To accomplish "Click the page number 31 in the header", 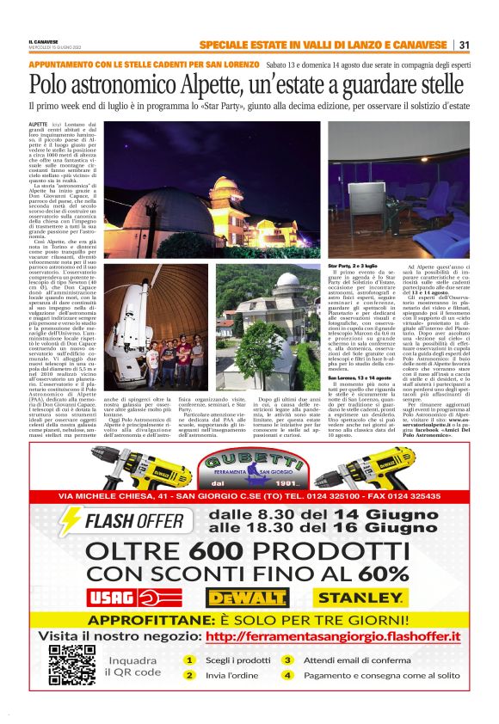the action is click(x=464, y=45).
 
